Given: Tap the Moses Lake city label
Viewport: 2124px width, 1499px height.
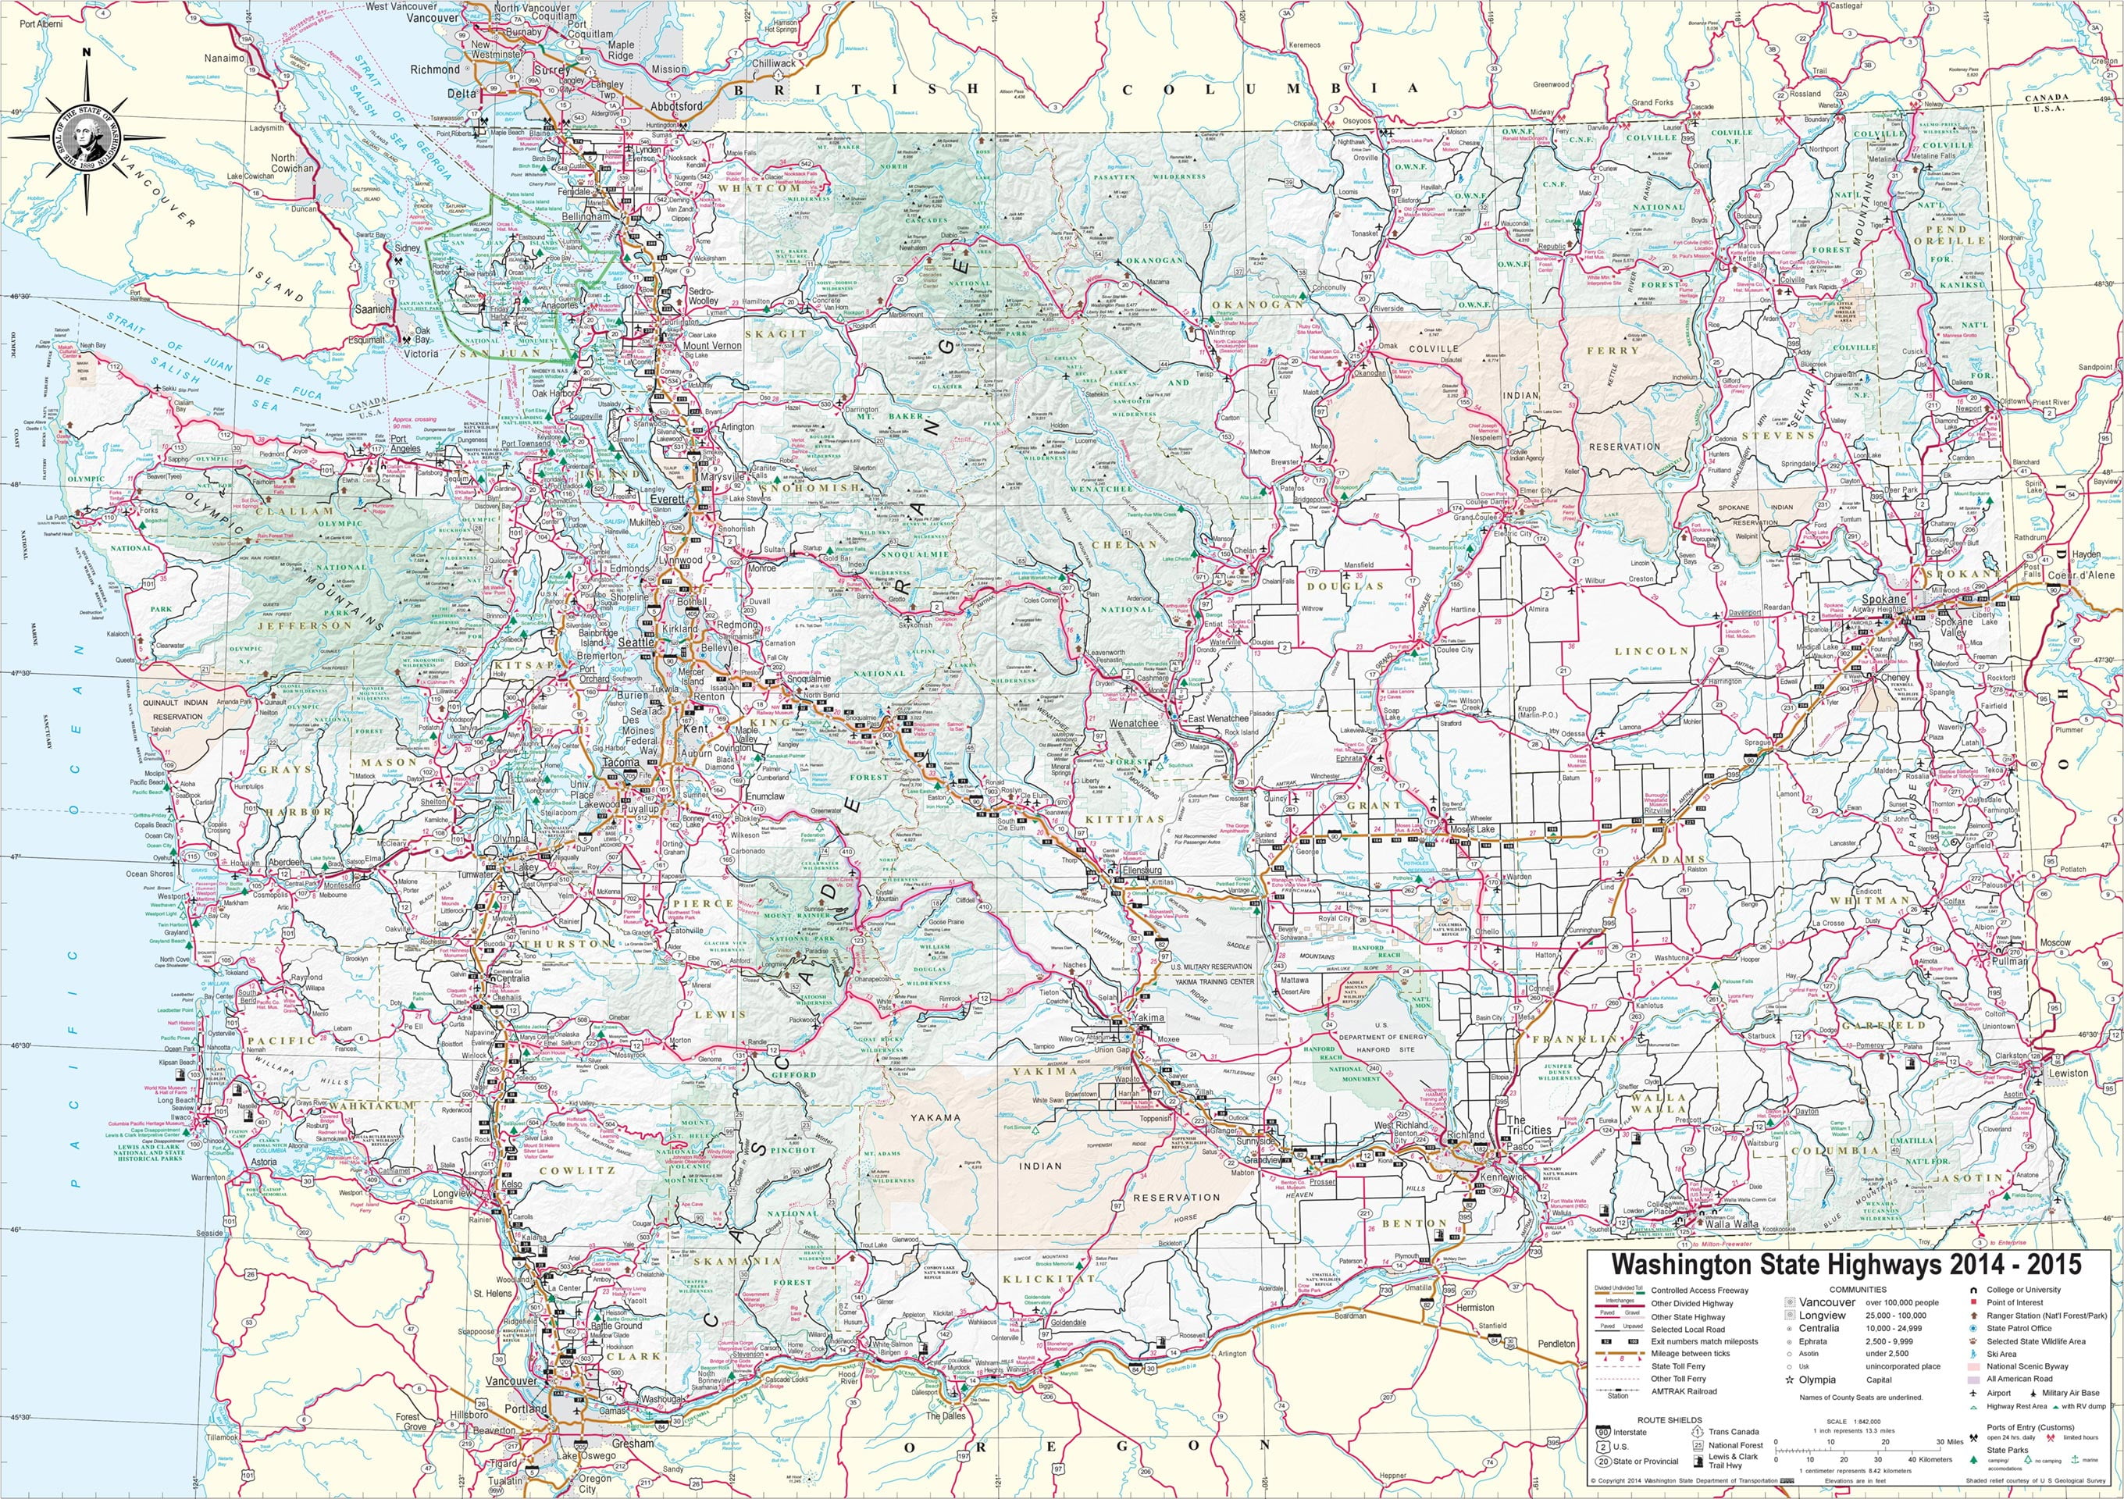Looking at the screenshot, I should (1472, 829).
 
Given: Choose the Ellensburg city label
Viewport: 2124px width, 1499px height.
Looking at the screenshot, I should (1141, 871).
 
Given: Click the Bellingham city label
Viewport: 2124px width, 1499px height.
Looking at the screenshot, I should (587, 215).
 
